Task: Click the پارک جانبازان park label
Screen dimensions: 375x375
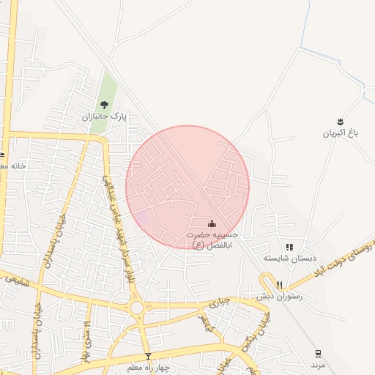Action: point(105,116)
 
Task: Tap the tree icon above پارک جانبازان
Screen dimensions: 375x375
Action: point(104,104)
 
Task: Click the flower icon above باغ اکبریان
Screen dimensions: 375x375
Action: point(341,121)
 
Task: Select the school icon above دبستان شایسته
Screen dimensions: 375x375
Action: point(289,248)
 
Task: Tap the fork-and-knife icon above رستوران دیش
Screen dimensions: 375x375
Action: point(279,285)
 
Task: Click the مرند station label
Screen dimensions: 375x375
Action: point(317,364)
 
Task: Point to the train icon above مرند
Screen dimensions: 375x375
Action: point(318,353)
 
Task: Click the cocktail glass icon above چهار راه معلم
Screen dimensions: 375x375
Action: point(148,355)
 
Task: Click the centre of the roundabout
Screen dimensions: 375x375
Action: point(136,308)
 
